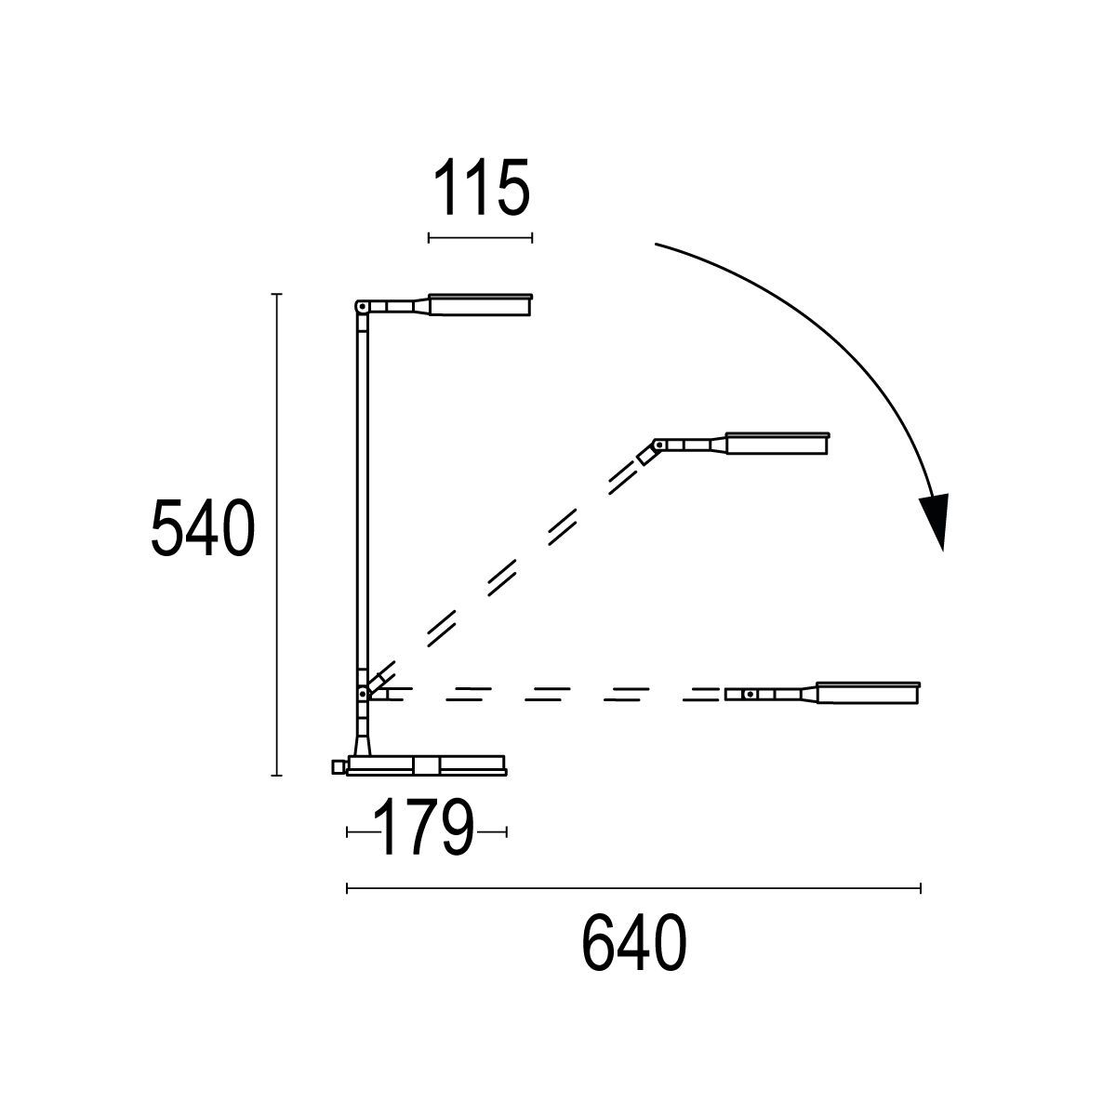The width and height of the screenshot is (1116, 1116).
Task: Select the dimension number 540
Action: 201,528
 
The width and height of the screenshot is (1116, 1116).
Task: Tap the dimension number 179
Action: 425,830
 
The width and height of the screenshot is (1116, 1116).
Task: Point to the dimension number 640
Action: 634,944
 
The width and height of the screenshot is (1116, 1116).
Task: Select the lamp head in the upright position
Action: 480,306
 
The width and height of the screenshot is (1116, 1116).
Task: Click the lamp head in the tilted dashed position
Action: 777,444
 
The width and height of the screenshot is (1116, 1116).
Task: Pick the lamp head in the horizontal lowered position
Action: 869,693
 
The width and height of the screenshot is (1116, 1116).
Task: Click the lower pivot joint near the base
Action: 361,694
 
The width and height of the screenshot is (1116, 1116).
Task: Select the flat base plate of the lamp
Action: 428,765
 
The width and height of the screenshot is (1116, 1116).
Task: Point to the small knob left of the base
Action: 338,766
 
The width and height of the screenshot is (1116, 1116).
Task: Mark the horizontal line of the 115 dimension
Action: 480,238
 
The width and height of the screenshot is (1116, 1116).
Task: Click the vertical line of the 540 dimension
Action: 276,534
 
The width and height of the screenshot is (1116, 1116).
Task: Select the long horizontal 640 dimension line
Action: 632,889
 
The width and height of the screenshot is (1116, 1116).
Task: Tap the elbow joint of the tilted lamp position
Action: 658,445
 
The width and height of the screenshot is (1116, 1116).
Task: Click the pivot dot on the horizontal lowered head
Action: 750,694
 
